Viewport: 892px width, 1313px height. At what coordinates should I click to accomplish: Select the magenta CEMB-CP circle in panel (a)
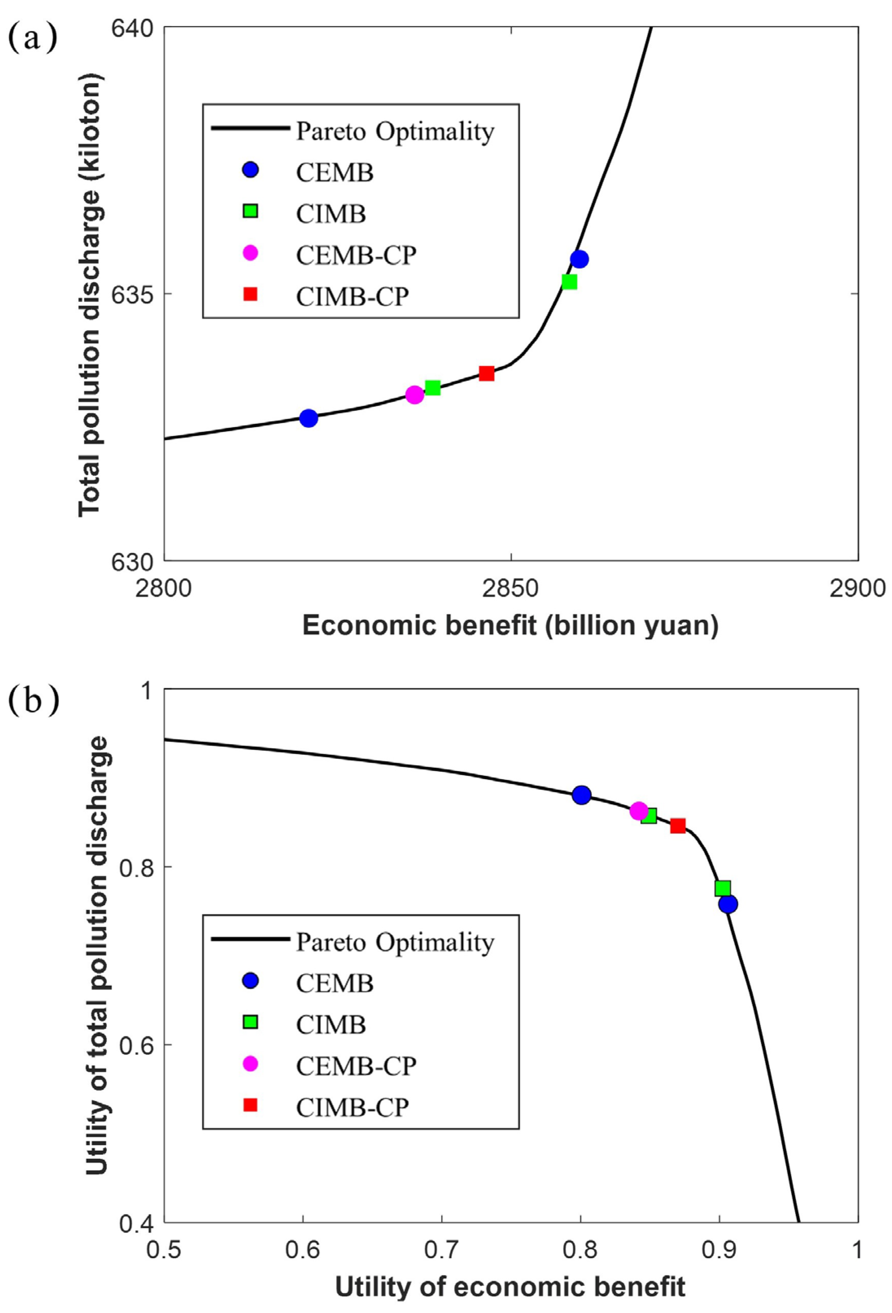414,395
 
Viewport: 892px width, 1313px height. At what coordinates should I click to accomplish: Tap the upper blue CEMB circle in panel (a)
579,259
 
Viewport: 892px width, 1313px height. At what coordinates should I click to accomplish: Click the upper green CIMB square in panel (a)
569,281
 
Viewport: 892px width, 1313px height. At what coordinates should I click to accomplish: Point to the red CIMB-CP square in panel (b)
678,826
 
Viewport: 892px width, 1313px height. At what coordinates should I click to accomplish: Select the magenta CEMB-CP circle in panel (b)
639,811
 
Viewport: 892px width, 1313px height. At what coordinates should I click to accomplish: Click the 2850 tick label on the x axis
511,590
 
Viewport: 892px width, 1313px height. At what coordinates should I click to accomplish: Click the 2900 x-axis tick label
857,590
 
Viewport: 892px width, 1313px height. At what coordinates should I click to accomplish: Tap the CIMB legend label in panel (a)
331,214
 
